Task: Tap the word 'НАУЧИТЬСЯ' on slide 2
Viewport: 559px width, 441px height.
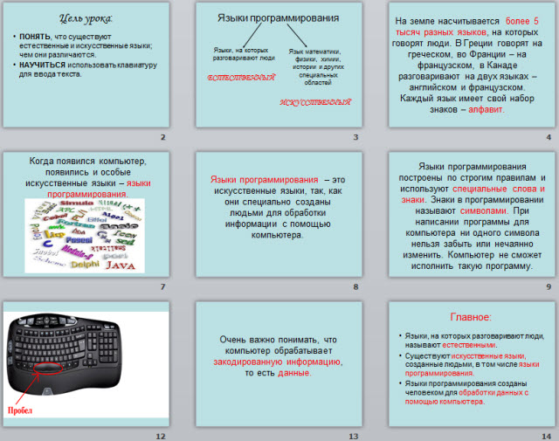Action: [x=44, y=64]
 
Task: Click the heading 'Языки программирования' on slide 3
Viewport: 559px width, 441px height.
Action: [x=277, y=17]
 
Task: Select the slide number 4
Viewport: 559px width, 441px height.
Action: [x=549, y=138]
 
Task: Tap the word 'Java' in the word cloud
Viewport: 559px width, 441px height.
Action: [x=121, y=265]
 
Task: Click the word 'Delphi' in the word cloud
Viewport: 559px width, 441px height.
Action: [x=85, y=264]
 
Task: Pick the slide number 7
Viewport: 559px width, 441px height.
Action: [x=162, y=286]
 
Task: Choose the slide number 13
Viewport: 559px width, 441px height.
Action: [x=354, y=435]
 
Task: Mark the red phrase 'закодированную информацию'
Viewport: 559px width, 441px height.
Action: [x=279, y=361]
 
